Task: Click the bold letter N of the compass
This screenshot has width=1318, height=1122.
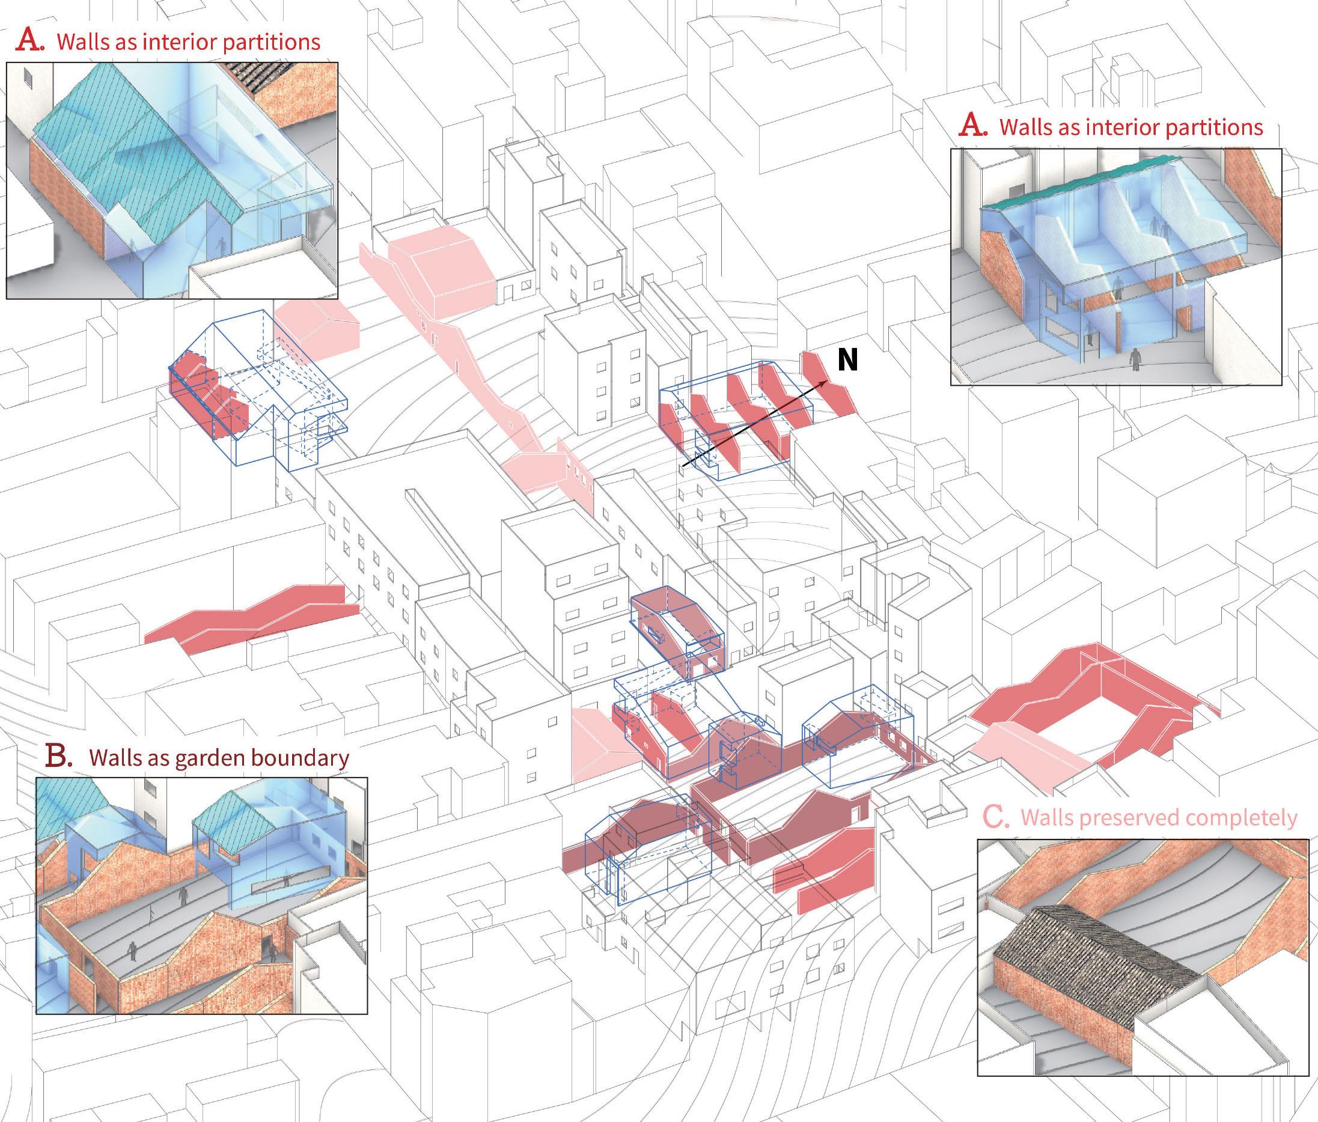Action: point(847,361)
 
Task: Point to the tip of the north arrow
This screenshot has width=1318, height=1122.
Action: point(827,381)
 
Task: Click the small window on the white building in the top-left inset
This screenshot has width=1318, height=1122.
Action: point(26,76)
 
